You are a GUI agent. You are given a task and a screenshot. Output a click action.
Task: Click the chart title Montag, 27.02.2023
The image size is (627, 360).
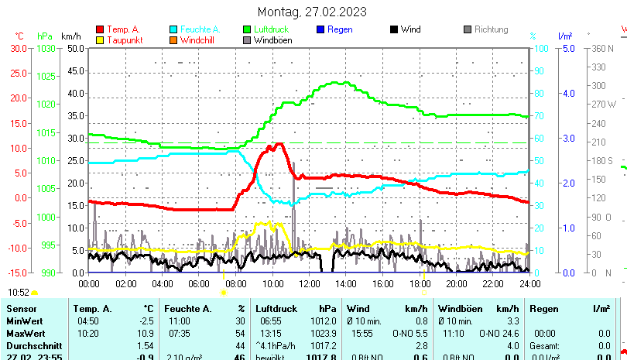click(x=313, y=12)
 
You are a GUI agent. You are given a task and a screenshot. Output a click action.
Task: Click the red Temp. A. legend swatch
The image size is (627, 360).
click(x=100, y=29)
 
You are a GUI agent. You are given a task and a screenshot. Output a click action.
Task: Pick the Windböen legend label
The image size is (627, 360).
click(x=272, y=40)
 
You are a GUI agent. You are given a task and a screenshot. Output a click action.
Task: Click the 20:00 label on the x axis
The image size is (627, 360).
click(x=456, y=284)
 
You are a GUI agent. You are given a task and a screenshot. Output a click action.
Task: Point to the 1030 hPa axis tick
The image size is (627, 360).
click(x=46, y=48)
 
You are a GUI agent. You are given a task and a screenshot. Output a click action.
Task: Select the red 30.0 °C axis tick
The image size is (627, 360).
click(x=18, y=48)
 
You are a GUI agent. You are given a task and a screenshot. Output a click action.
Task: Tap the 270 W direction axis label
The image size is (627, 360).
click(x=605, y=104)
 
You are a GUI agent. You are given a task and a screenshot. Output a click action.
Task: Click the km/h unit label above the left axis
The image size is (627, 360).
click(x=70, y=36)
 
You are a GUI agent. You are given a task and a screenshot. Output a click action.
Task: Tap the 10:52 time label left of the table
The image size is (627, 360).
click(x=19, y=292)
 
